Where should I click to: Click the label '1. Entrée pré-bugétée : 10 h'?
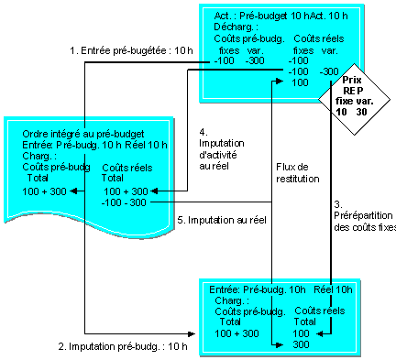click(x=131, y=50)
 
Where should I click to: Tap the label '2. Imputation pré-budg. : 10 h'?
click(x=123, y=346)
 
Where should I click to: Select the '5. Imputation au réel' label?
click(x=222, y=220)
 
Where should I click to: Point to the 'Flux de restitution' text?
click(x=298, y=173)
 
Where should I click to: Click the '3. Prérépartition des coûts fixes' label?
click(x=365, y=216)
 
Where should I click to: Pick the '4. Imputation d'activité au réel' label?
click(x=222, y=149)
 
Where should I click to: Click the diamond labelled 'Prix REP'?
click(x=354, y=99)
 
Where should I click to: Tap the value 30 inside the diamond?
click(x=362, y=112)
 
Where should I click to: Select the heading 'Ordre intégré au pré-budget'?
click(x=83, y=134)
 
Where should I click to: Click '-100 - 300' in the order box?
click(x=124, y=202)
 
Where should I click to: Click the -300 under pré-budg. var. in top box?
click(x=255, y=60)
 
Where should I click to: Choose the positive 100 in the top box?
click(x=300, y=82)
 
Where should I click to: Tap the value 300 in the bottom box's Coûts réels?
click(x=301, y=344)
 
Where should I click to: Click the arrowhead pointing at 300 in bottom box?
click(x=280, y=345)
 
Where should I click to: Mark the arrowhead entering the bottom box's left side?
click(x=192, y=333)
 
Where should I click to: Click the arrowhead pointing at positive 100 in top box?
click(x=280, y=81)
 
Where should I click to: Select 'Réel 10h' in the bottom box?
click(x=333, y=289)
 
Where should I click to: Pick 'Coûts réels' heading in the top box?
click(x=319, y=38)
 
